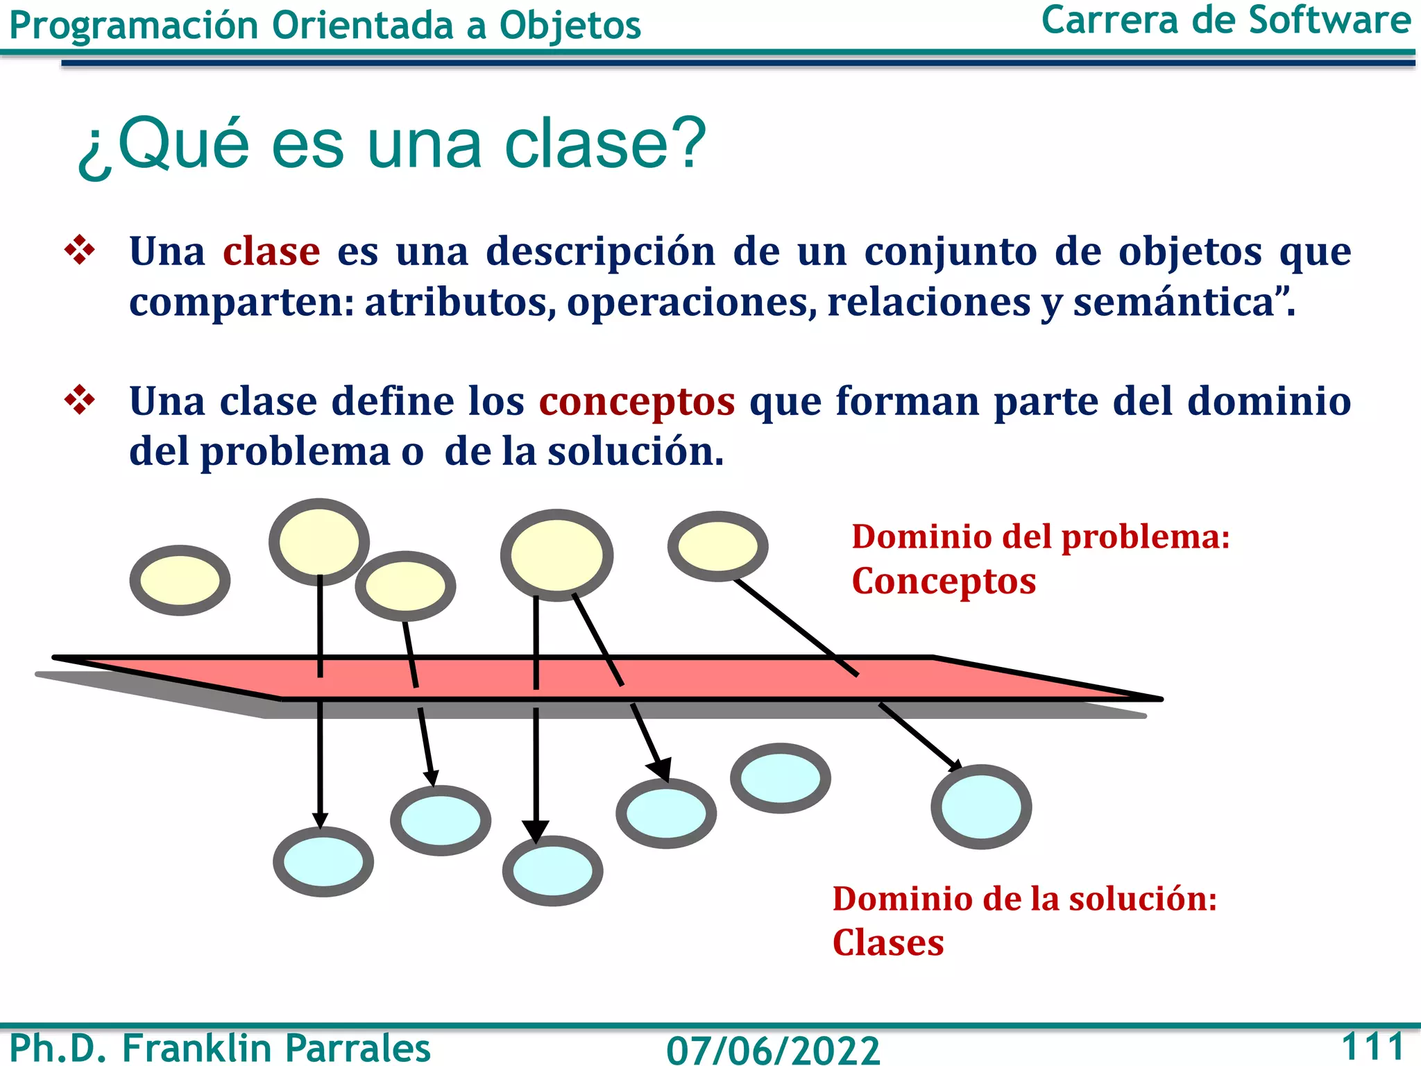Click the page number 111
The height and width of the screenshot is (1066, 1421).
pyautogui.click(x=1373, y=1046)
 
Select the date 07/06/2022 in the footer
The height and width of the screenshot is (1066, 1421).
pyautogui.click(x=773, y=1049)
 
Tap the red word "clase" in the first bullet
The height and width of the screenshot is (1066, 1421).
pyautogui.click(x=271, y=251)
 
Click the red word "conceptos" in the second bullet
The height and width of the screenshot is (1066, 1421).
pyautogui.click(x=637, y=401)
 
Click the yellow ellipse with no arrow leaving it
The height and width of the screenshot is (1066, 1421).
pyautogui.click(x=180, y=580)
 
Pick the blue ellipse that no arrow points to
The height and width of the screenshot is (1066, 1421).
pyautogui.click(x=780, y=778)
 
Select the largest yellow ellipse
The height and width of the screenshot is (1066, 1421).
pyautogui.click(x=556, y=555)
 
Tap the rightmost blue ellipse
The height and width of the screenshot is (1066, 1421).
pyautogui.click(x=981, y=806)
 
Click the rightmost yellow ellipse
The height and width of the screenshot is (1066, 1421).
pyautogui.click(x=717, y=546)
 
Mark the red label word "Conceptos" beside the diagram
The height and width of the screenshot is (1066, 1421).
pyautogui.click(x=944, y=582)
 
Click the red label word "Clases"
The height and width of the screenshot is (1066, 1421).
pyautogui.click(x=888, y=943)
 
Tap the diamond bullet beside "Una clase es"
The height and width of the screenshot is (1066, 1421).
pyautogui.click(x=80, y=251)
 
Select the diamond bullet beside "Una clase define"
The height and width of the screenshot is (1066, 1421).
pyautogui.click(x=80, y=400)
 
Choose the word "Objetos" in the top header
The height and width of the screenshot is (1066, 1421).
pyautogui.click(x=570, y=26)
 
